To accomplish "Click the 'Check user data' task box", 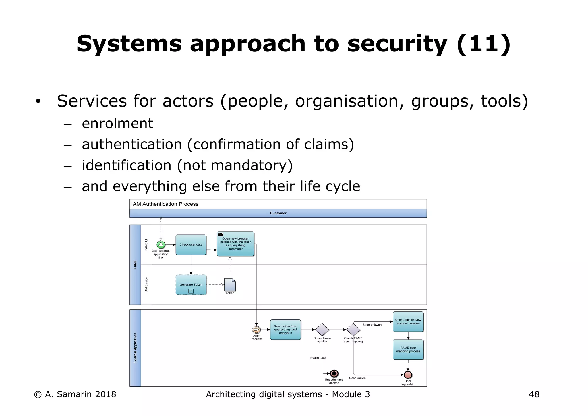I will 191,245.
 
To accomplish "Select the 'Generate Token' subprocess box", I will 191,285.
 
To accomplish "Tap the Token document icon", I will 230,285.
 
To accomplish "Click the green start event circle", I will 161,245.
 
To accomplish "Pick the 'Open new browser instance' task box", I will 235,244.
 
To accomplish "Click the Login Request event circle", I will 256,330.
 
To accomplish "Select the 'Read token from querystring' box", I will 285,330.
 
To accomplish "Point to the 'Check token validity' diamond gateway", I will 322,330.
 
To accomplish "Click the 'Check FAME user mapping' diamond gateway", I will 353,330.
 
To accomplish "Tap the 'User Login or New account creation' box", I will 408,321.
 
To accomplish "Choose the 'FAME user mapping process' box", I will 408,349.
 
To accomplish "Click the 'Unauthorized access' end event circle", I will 334,373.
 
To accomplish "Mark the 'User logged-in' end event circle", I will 408,375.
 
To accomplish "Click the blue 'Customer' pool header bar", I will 278,213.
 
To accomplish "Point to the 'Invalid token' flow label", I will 318,358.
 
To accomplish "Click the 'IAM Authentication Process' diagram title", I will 165,204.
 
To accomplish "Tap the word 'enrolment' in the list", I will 117,124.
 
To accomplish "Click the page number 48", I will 534,394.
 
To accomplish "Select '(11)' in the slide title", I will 483,44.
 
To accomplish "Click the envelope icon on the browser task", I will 221,234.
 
